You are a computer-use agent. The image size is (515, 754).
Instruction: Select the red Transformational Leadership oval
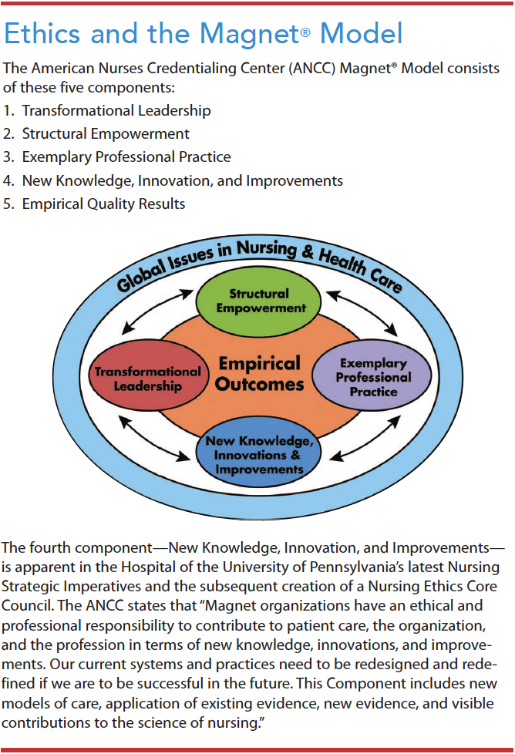149,375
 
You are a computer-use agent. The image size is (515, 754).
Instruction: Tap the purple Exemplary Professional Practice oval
372,375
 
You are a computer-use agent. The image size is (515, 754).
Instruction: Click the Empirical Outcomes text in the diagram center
260,374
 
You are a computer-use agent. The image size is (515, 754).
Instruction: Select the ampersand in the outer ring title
308,251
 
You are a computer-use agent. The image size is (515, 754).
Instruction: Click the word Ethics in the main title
42,34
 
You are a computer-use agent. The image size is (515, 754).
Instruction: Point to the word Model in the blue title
361,34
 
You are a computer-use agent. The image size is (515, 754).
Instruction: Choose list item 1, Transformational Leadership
106,110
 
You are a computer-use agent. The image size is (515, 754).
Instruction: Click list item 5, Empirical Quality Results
94,204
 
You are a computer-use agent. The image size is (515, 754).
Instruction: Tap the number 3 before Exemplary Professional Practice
8,157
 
